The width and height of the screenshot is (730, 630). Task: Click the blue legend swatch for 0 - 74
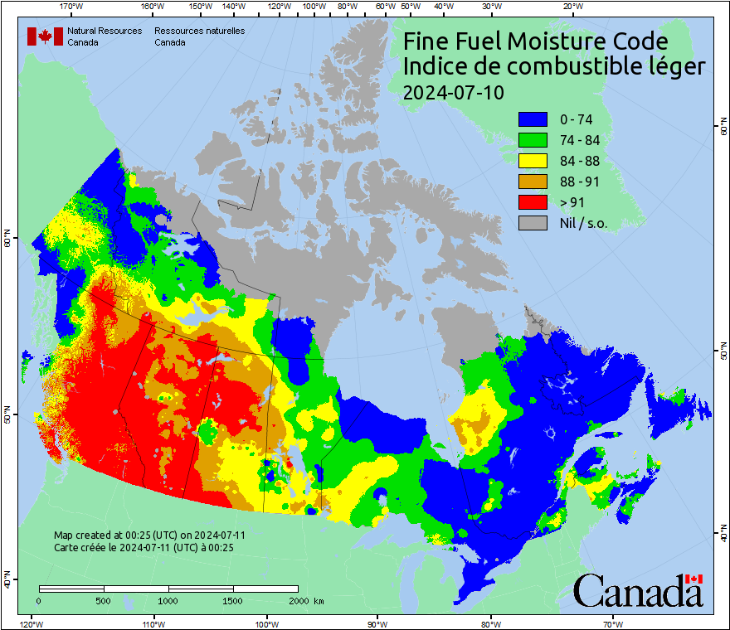coord(533,119)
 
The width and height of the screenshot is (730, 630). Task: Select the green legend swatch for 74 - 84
coord(533,140)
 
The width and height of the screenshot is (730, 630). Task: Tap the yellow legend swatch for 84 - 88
coord(533,161)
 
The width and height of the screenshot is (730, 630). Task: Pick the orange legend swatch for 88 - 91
coord(533,182)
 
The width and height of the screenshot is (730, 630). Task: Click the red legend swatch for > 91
coord(533,202)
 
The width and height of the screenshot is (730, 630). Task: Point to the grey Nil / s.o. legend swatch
coord(533,223)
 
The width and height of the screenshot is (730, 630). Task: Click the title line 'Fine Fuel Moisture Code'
coord(535,41)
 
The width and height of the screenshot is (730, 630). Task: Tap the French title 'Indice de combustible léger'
coord(553,67)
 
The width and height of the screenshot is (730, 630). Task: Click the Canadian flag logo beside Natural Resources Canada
coord(45,36)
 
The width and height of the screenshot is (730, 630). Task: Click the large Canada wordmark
coord(638,591)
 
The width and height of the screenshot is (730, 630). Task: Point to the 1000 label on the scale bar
coord(168,600)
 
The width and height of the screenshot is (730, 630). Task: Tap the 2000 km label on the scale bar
coord(306,600)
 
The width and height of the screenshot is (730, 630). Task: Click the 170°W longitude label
coord(72,6)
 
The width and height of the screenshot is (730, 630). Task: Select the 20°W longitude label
coord(571,6)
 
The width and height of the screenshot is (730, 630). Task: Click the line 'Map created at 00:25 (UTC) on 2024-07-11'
coord(149,535)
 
